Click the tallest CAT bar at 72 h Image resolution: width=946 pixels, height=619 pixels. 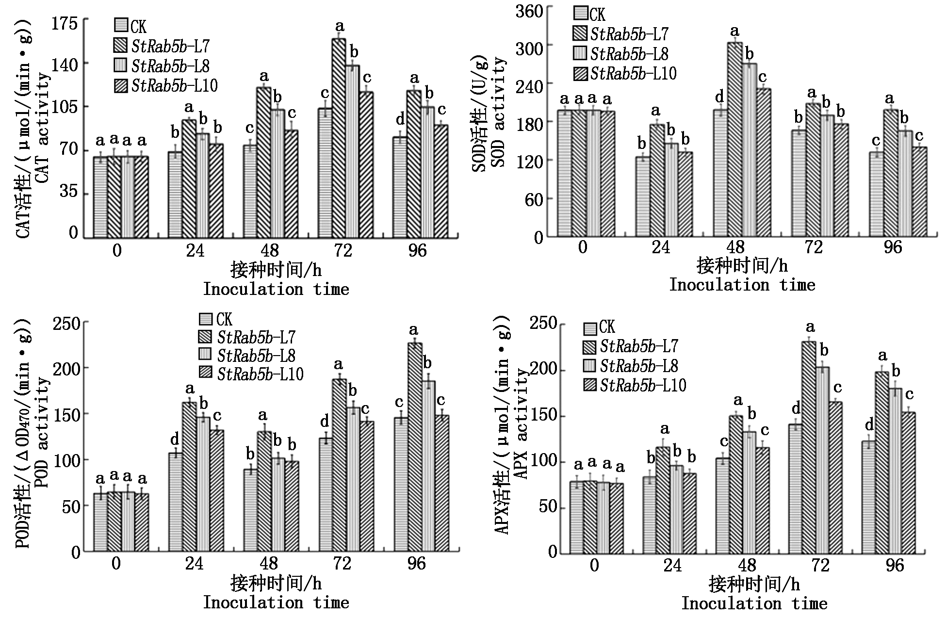[339, 138]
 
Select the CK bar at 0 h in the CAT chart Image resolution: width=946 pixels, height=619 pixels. [100, 197]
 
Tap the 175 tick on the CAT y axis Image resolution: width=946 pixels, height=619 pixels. [66, 23]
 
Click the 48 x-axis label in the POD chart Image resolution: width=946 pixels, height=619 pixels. [269, 563]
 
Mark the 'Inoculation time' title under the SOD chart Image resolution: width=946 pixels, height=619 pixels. [742, 285]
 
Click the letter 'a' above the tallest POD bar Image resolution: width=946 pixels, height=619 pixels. [413, 330]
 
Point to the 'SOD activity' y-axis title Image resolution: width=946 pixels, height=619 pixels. [499, 112]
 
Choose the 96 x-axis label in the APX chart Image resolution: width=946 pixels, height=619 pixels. [895, 565]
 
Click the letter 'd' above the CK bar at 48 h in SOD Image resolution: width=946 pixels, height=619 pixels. [719, 97]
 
